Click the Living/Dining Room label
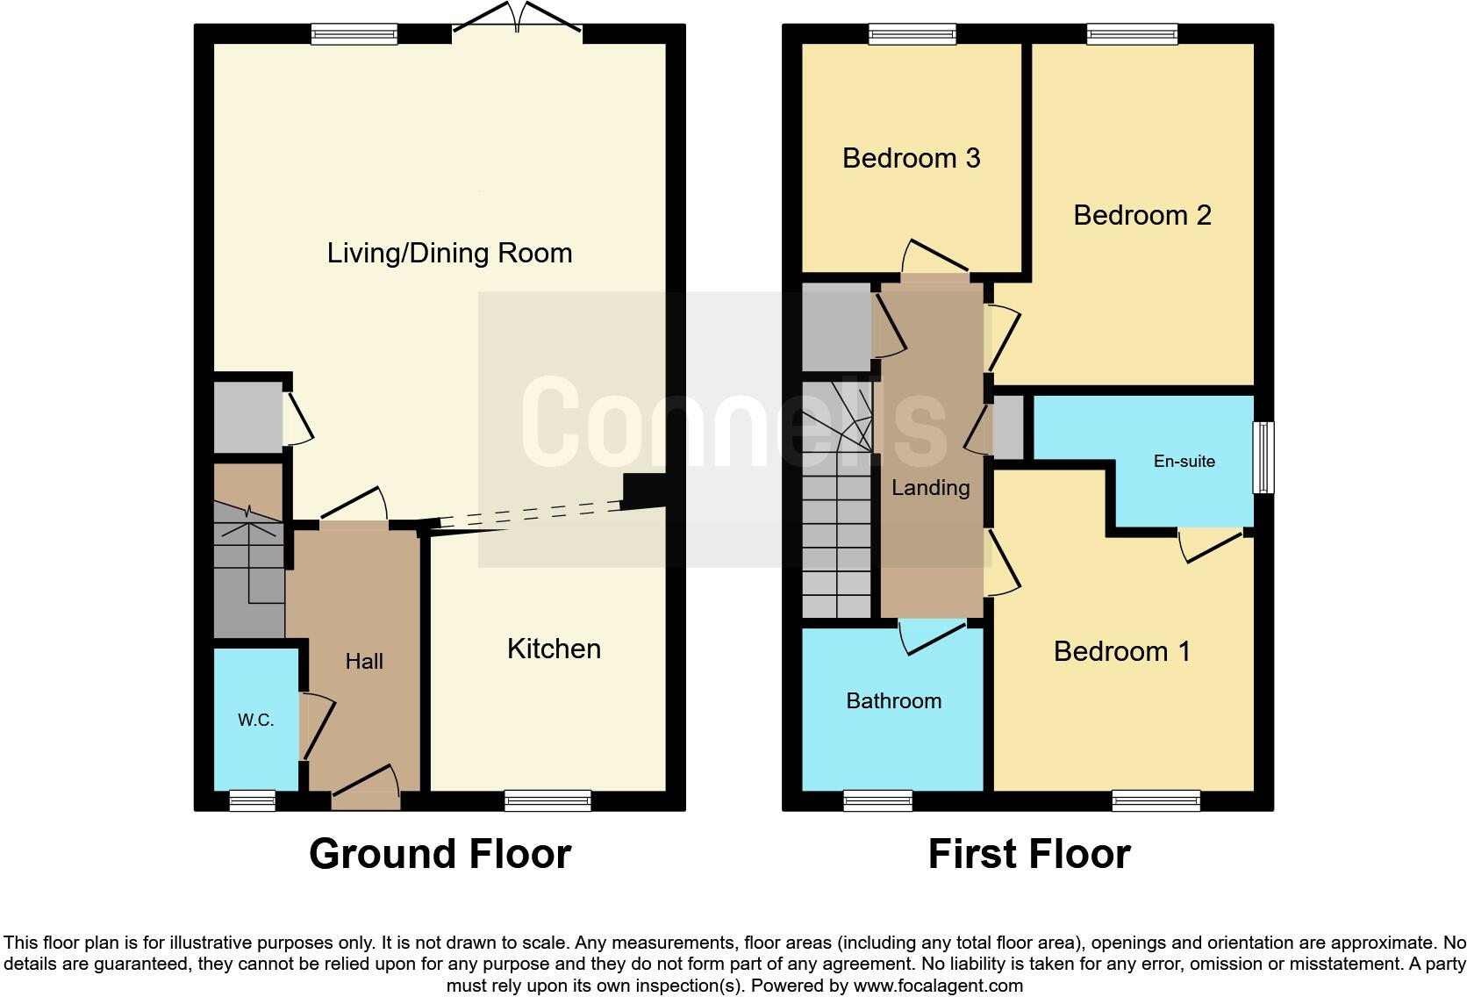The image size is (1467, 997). [449, 254]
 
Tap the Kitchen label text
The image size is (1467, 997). [554, 649]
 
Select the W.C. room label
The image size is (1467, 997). [255, 721]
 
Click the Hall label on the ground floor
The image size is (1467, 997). [364, 662]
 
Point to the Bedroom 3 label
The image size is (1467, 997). [911, 159]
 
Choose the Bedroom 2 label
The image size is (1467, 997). [1141, 216]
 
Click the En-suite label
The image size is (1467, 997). [1184, 462]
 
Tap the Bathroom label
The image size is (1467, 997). [893, 701]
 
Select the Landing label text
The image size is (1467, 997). [930, 488]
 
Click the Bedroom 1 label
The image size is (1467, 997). [1121, 652]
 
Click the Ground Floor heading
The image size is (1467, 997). [440, 854]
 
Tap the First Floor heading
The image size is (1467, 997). [1028, 854]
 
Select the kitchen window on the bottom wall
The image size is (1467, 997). [547, 800]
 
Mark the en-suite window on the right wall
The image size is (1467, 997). [1263, 457]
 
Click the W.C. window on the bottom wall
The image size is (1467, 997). [252, 800]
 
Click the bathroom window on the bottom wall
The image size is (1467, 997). [877, 800]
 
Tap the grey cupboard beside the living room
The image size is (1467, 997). [247, 417]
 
